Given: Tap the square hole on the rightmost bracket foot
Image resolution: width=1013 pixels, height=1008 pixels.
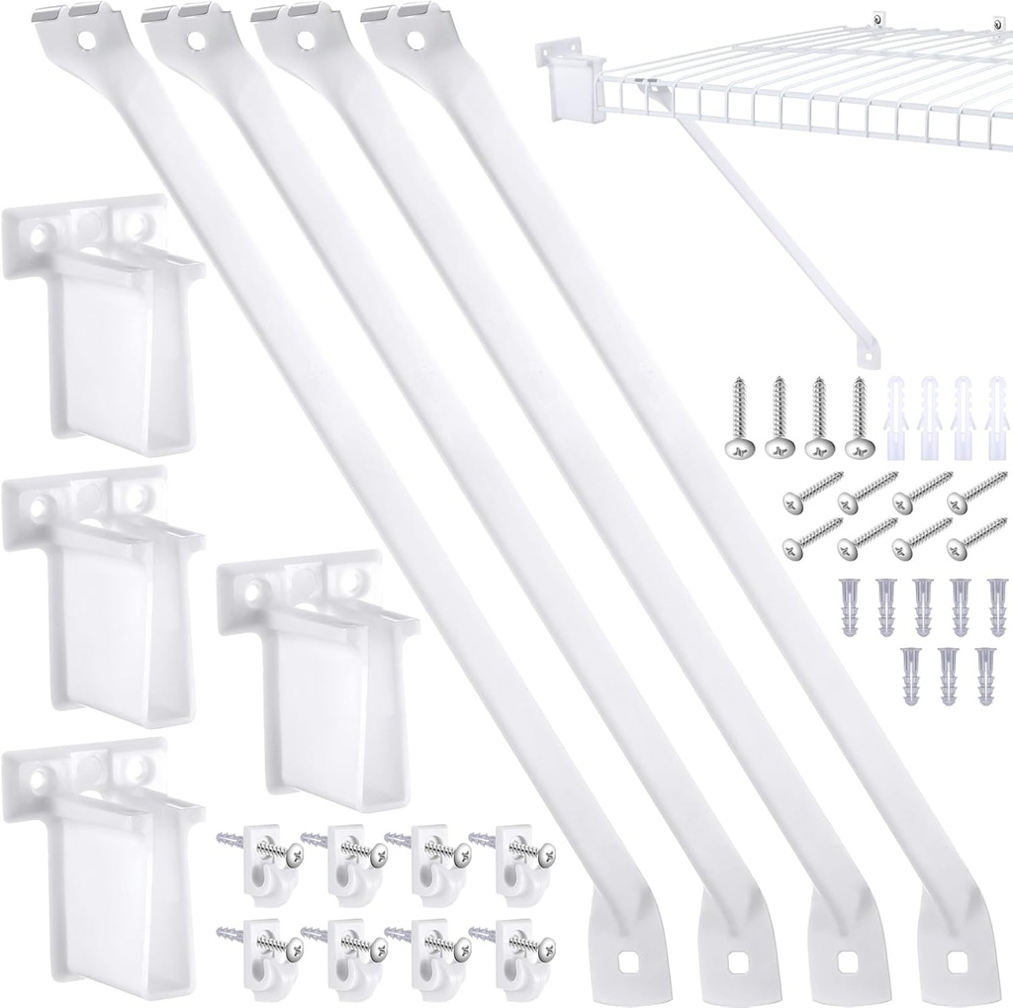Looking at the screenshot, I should tap(958, 961).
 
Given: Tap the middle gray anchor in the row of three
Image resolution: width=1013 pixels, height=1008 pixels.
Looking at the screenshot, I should tap(948, 674).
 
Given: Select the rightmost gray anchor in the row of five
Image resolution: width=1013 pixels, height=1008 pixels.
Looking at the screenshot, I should tap(994, 604).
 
